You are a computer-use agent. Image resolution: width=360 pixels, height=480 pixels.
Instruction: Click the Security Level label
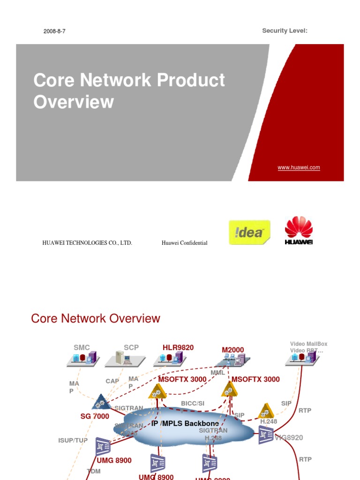click(284, 31)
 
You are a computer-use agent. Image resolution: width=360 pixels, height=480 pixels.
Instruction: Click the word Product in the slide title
click(191, 80)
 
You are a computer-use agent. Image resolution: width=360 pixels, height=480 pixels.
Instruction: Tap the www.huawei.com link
click(299, 167)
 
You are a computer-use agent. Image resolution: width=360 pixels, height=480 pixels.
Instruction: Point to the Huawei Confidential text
click(184, 243)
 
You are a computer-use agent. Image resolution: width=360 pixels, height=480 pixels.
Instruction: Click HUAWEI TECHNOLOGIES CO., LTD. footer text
click(87, 243)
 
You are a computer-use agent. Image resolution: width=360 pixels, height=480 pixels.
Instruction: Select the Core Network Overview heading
click(96, 319)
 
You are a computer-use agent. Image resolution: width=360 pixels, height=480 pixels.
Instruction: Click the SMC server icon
click(82, 359)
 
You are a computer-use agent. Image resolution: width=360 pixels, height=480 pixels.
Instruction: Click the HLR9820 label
click(178, 348)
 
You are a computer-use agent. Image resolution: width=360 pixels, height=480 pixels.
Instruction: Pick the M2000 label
click(233, 350)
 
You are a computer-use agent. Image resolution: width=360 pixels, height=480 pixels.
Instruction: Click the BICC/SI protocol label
click(193, 403)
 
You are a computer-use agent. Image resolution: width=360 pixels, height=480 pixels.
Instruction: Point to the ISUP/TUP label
click(73, 441)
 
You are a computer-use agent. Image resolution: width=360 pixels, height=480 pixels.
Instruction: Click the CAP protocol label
click(112, 381)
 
